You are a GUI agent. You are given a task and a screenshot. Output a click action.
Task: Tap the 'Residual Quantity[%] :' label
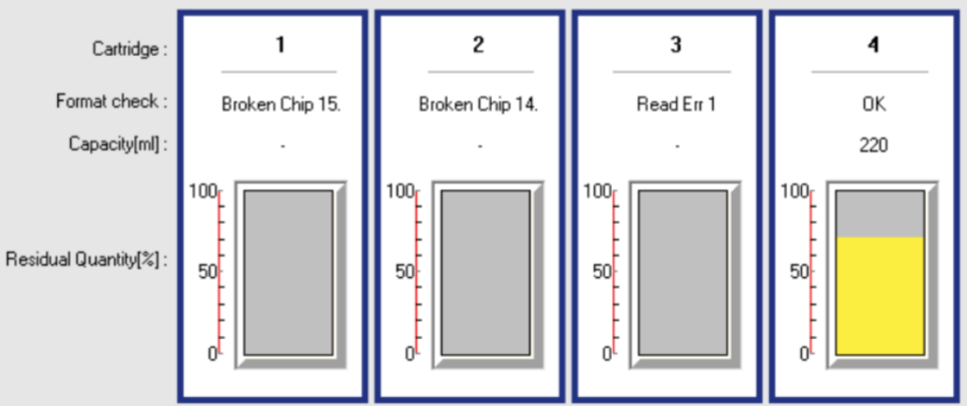point(88,261)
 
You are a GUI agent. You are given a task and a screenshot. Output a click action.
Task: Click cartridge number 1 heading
point(280,46)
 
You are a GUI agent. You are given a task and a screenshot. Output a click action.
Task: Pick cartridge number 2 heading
point(479,46)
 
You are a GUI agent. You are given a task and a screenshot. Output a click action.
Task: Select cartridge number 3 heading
point(676,46)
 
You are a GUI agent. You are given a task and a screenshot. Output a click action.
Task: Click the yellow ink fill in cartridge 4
point(879,295)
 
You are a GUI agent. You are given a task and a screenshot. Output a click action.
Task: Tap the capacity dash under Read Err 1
point(677,146)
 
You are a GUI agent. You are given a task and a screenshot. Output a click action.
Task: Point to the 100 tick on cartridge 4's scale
point(795,192)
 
